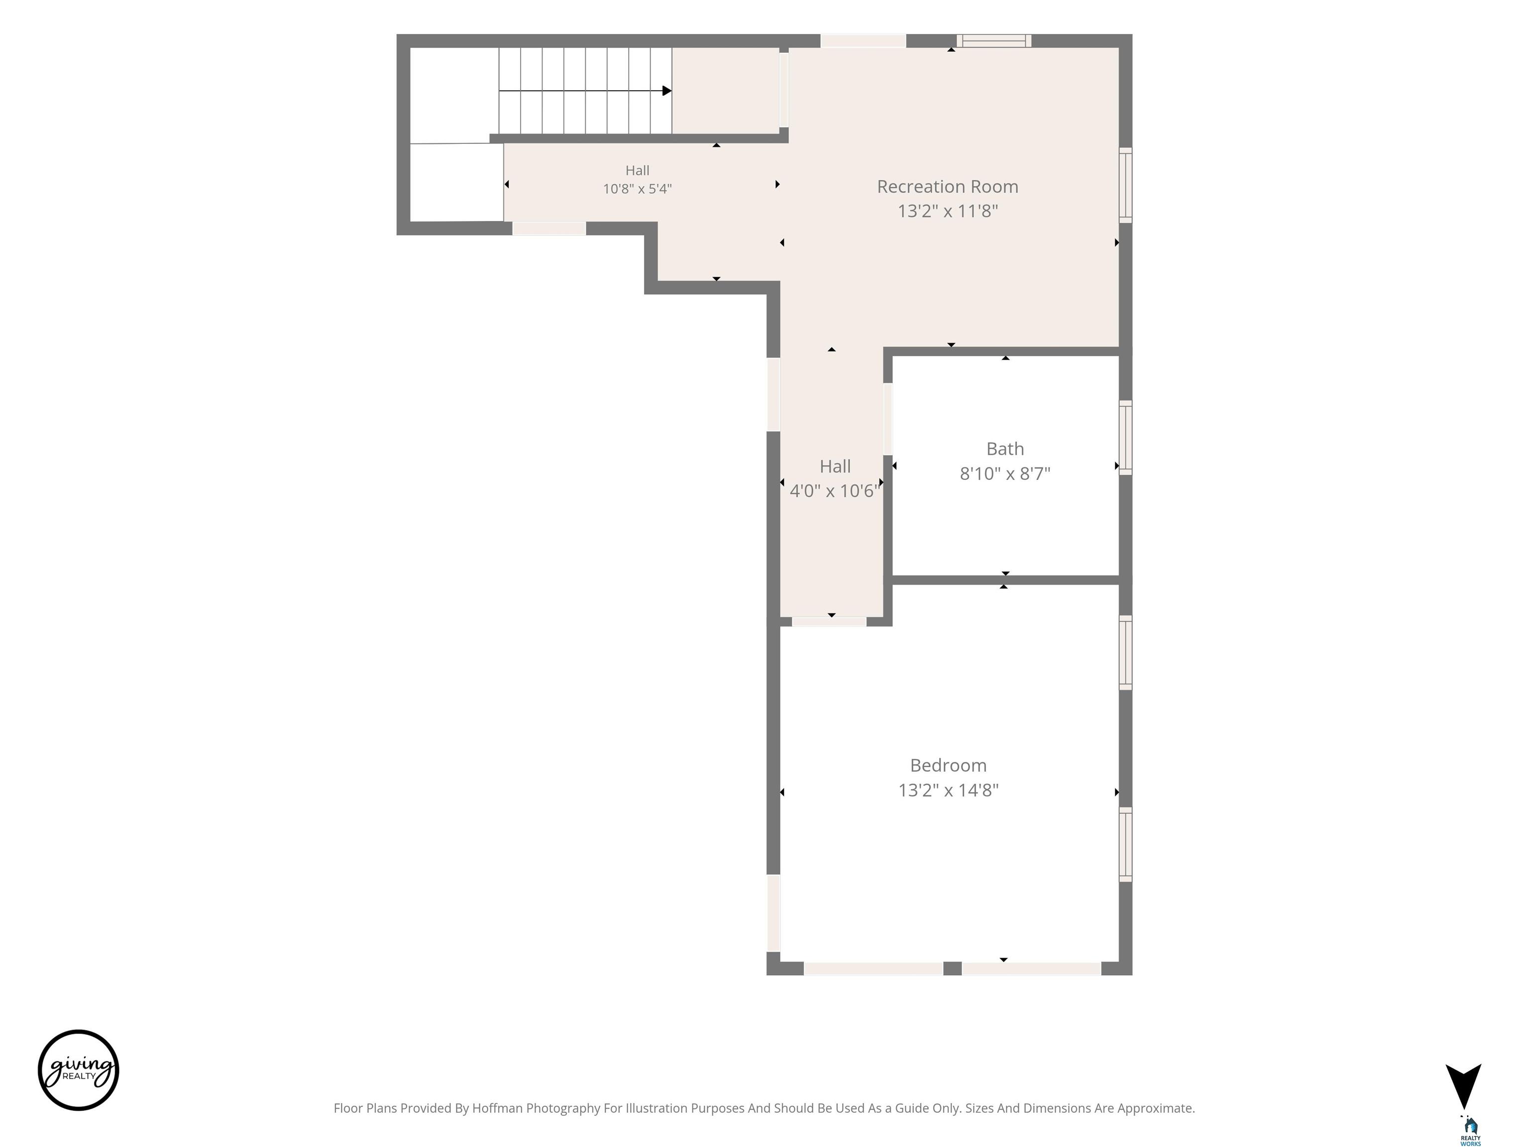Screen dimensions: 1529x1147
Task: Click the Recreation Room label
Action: point(947,187)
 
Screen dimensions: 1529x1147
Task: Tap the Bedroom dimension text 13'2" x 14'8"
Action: point(948,790)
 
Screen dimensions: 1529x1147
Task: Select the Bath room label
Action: point(1005,449)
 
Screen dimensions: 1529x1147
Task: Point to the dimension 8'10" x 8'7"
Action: point(1005,473)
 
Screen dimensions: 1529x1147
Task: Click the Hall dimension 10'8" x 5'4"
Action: point(637,188)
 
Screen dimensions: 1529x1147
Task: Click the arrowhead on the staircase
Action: point(666,91)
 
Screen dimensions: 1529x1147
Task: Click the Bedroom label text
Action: point(948,765)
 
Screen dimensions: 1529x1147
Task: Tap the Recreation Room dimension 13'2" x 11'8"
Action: point(947,211)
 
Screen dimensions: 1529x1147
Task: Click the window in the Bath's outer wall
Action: point(1125,438)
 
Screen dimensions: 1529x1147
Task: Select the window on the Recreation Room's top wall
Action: point(994,41)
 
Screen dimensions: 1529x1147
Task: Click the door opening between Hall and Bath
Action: point(887,419)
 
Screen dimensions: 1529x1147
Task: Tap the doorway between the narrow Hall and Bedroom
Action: point(829,622)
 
